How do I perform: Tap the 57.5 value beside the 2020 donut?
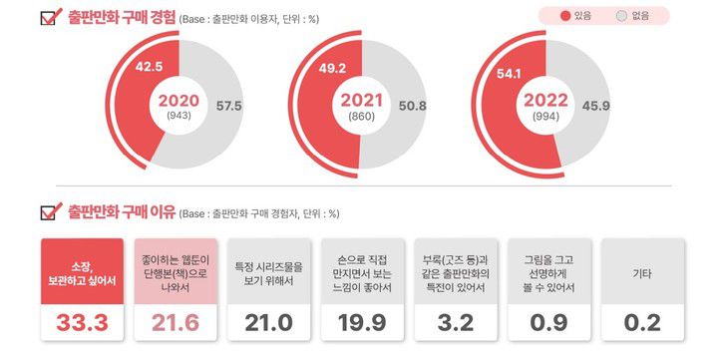pyautogui.click(x=228, y=106)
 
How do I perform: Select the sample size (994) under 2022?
pyautogui.click(x=547, y=118)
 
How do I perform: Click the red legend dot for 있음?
pyautogui.click(x=564, y=16)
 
